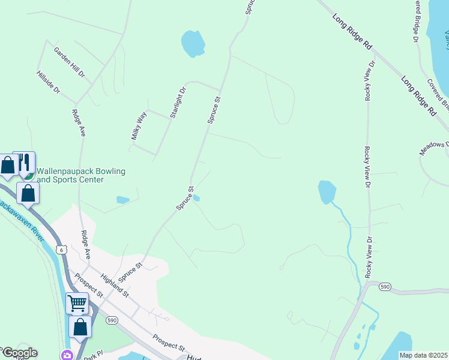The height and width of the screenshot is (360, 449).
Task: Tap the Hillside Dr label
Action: click(x=49, y=82)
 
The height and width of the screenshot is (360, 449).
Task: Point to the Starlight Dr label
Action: click(x=178, y=103)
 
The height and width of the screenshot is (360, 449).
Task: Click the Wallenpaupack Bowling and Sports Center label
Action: click(x=81, y=175)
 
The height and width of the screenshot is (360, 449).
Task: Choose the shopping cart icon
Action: click(x=77, y=304)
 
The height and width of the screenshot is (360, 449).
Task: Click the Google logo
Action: click(x=19, y=353)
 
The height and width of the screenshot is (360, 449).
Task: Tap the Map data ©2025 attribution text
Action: click(x=423, y=355)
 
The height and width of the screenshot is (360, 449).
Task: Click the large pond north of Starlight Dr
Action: click(x=193, y=44)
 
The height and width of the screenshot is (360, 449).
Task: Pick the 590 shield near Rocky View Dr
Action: click(x=385, y=287)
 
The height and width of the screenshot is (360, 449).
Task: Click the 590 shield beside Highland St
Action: click(x=112, y=320)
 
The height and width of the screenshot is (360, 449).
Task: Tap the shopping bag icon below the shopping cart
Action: click(x=80, y=328)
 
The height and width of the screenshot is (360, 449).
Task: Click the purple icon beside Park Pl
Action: click(x=66, y=355)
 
